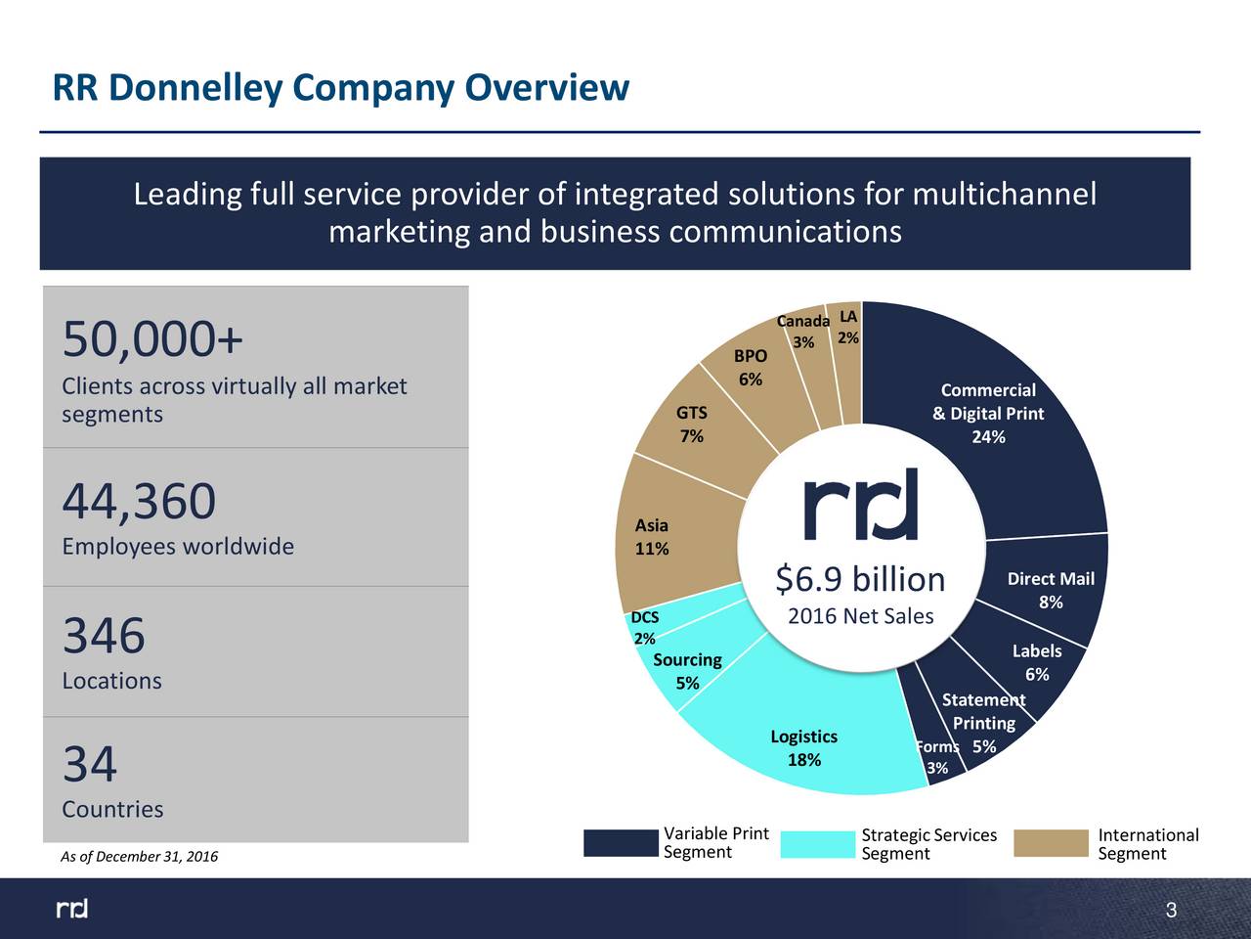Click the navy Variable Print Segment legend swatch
(x=621, y=843)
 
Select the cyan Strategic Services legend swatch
(x=818, y=844)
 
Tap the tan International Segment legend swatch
(x=1051, y=843)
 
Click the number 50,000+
(x=152, y=340)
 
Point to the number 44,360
(x=139, y=502)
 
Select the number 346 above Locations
(x=104, y=636)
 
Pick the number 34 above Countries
(x=90, y=764)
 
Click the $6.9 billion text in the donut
(x=860, y=579)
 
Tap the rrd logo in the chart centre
(x=861, y=505)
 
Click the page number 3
(x=1171, y=913)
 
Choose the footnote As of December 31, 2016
(x=139, y=857)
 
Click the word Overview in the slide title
(x=546, y=88)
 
